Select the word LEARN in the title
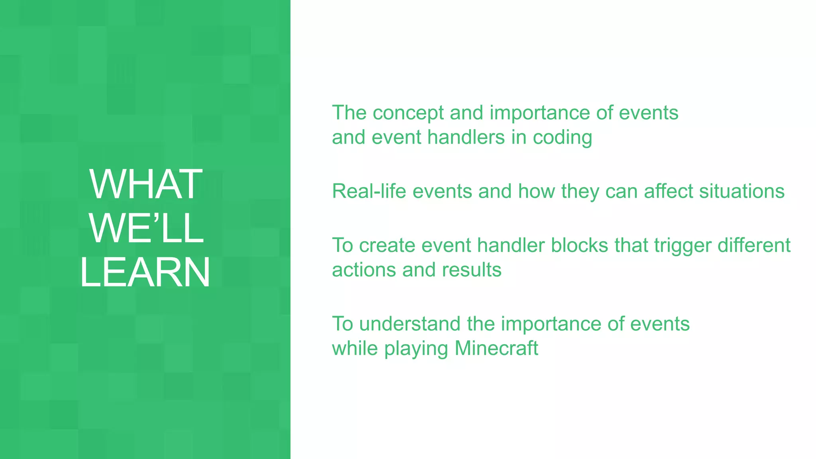pyautogui.click(x=145, y=272)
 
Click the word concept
pyautogui.click(x=408, y=113)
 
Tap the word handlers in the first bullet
pyautogui.click(x=466, y=137)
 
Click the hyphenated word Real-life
pyautogui.click(x=369, y=191)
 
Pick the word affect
pyautogui.click(x=668, y=191)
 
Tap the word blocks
pyautogui.click(x=579, y=245)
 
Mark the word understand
pyautogui.click(x=410, y=324)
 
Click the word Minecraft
pyautogui.click(x=496, y=348)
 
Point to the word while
pyautogui.click(x=355, y=348)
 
